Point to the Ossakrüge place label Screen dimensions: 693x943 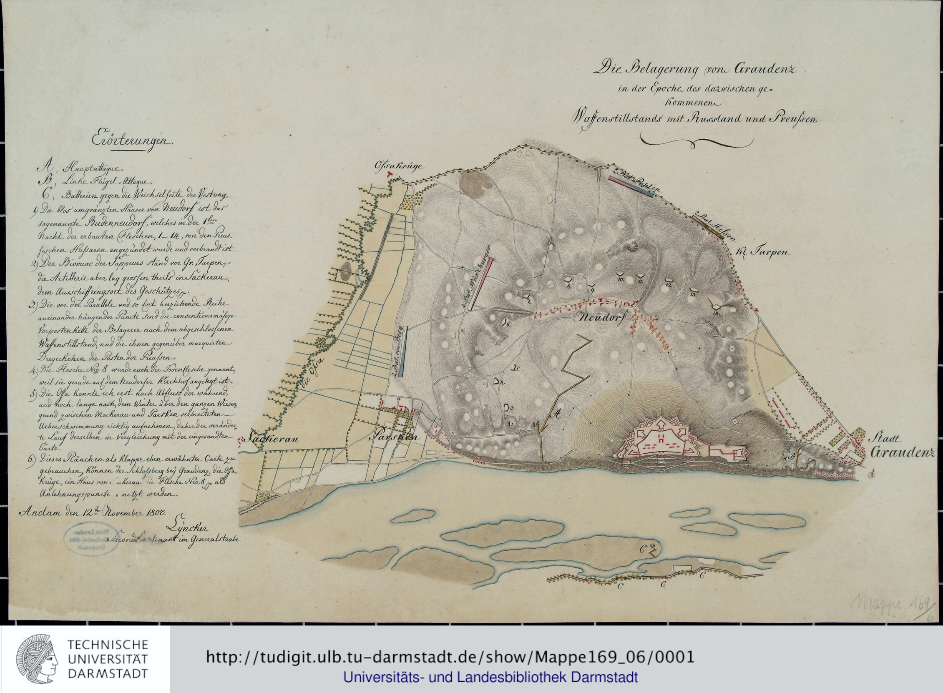click(x=398, y=166)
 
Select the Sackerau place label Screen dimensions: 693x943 click(x=273, y=439)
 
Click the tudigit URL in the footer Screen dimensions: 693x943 click(x=449, y=657)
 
